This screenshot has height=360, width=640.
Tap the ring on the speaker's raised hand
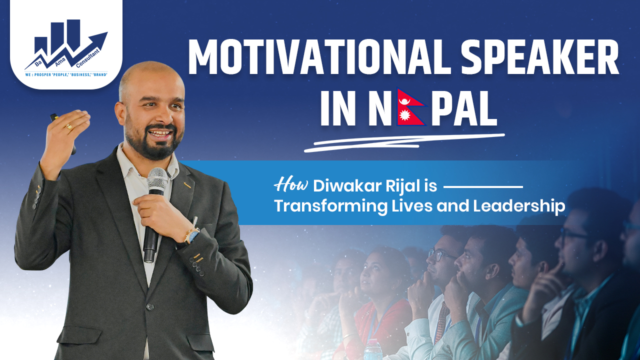69,127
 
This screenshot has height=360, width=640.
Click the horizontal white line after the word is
483,187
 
